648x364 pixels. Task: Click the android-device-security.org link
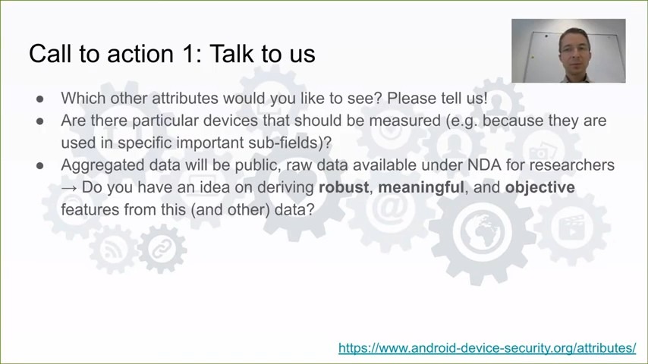[x=487, y=348]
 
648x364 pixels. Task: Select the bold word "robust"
[x=344, y=187]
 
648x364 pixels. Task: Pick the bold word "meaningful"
[x=420, y=187]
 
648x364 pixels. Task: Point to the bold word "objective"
[x=539, y=187]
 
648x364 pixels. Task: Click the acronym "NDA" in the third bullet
[x=484, y=165]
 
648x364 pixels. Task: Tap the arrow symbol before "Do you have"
[x=69, y=188]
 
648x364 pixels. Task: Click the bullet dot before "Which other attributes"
[x=40, y=99]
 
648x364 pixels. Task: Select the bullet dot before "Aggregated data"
[x=40, y=165]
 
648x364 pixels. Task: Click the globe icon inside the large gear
[x=482, y=231]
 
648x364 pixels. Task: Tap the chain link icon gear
[x=162, y=249]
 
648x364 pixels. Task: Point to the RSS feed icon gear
[x=113, y=249]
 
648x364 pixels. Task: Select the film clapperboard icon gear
[x=572, y=228]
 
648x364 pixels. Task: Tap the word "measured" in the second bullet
[x=405, y=121]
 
